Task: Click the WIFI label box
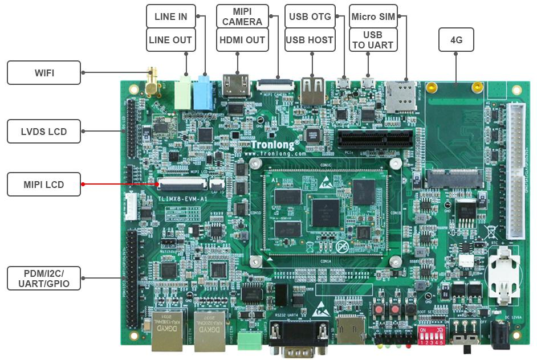(43, 72)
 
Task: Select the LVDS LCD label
(43, 132)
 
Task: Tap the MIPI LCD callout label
(43, 185)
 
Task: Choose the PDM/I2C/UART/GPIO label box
(43, 278)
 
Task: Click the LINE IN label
(170, 17)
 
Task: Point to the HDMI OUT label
(242, 40)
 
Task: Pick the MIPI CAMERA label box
(242, 17)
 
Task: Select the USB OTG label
(310, 17)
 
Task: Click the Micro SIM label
(372, 17)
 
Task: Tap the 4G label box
(456, 40)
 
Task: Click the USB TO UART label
(372, 40)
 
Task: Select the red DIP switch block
(432, 337)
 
